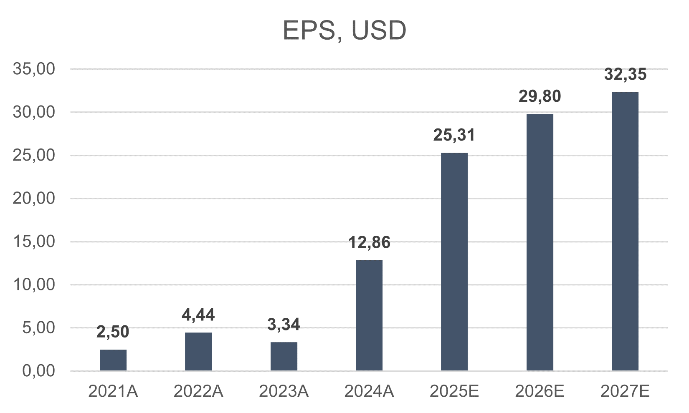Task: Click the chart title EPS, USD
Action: tap(344, 30)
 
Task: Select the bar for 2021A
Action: tap(113, 360)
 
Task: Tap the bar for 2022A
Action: tap(198, 351)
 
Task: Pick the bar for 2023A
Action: tap(284, 356)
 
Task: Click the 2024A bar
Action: tap(369, 315)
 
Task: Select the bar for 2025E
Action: tap(454, 262)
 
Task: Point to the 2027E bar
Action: tap(625, 231)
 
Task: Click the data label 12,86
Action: tap(369, 242)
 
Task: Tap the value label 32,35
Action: tap(625, 74)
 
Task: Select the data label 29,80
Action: tap(540, 96)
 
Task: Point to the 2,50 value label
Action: tap(113, 332)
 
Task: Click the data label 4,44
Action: tap(198, 315)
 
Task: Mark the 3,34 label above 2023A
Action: tap(284, 325)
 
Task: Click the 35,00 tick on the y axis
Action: tap(34, 69)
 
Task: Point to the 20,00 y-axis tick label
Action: tap(34, 198)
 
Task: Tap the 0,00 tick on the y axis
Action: tap(38, 370)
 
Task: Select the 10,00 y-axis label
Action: tap(34, 285)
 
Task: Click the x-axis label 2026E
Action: tap(540, 391)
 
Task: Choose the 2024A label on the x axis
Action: tap(369, 391)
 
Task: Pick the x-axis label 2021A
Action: tap(113, 391)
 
